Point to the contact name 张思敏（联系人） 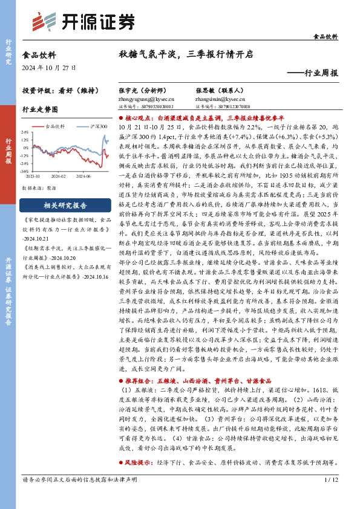point(215,89)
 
